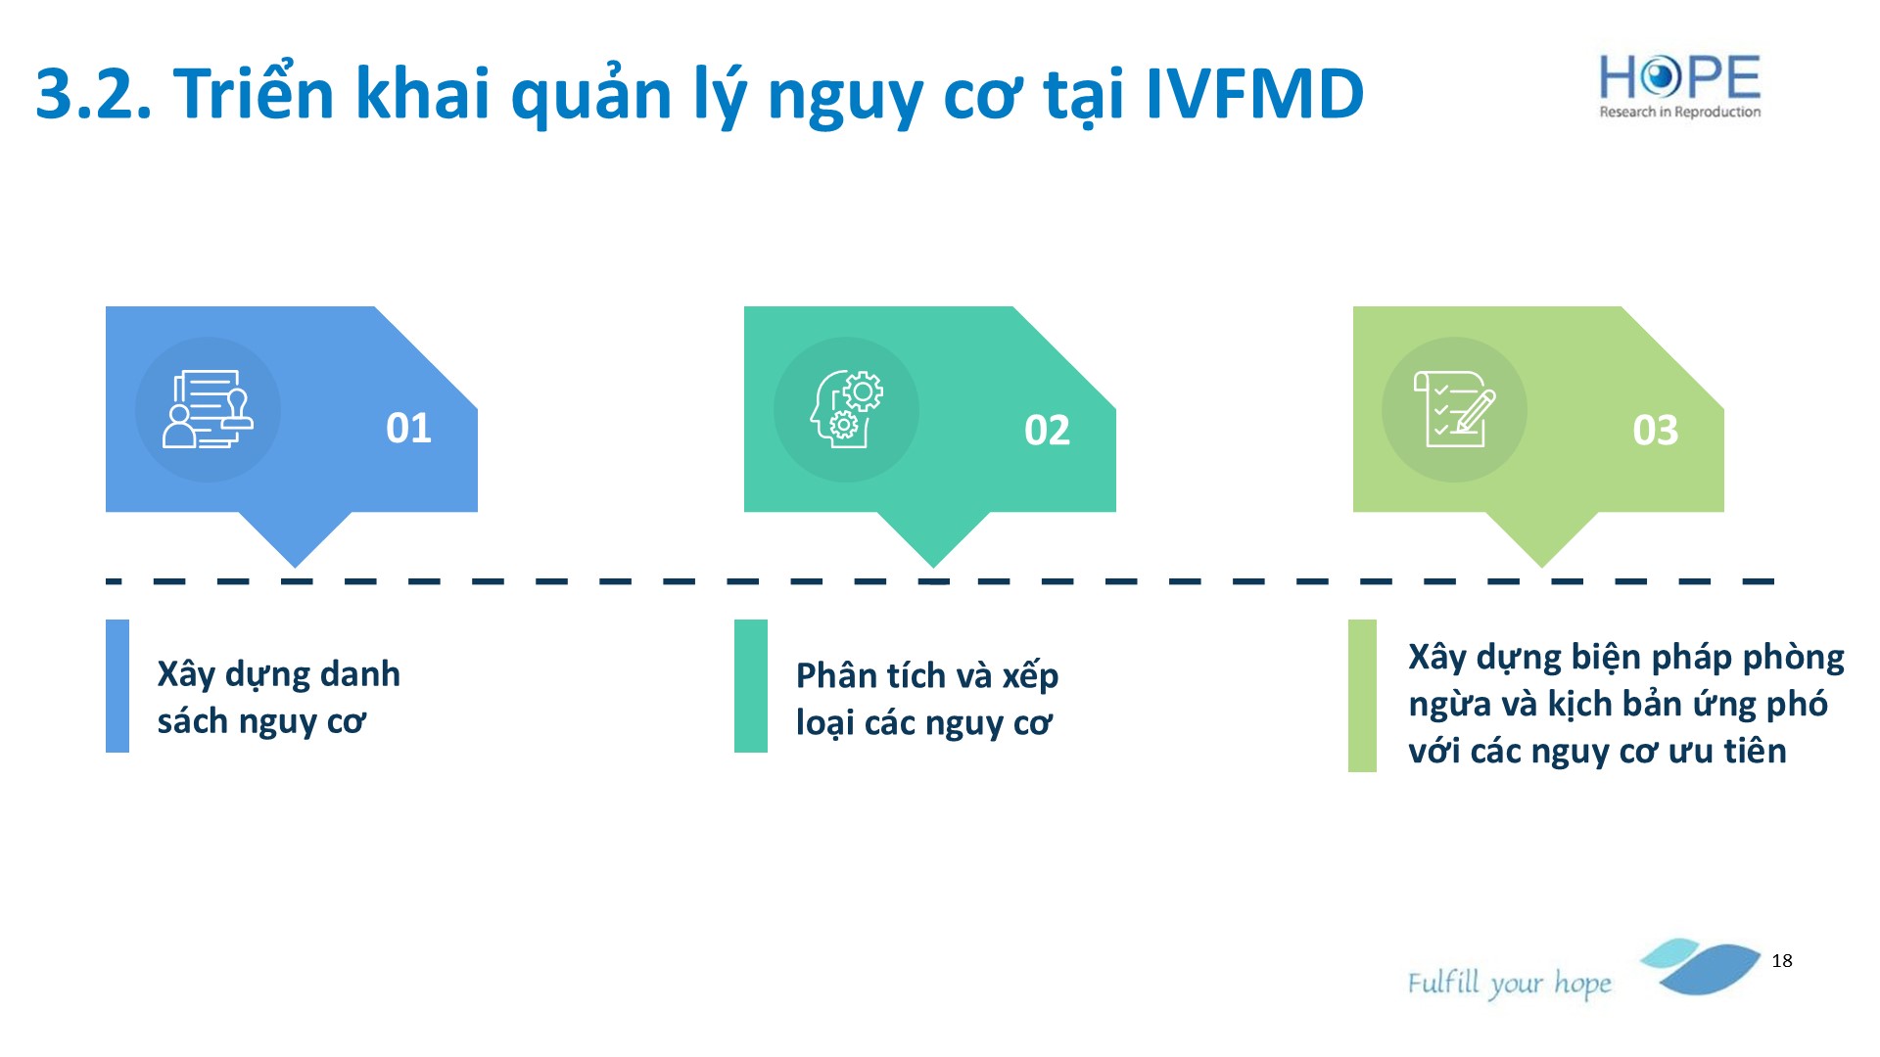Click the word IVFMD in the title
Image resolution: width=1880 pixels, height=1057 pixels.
point(1254,95)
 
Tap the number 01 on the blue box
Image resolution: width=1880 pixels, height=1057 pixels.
point(408,428)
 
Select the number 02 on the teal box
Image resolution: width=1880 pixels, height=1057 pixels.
point(1047,430)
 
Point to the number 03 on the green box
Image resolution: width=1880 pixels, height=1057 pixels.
point(1655,430)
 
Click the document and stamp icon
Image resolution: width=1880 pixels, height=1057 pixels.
point(208,409)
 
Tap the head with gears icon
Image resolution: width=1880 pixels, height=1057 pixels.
point(846,409)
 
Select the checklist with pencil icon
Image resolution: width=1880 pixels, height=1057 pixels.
point(1454,409)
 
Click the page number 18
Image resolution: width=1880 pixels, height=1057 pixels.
point(1782,961)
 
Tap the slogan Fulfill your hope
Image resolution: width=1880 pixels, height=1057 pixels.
point(1509,983)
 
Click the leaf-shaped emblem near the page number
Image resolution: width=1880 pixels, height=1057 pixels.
point(1701,966)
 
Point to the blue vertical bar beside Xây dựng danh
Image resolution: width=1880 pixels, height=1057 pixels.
point(117,686)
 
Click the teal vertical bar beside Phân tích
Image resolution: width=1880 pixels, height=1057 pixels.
point(751,686)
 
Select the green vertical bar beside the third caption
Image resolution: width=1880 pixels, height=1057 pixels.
point(1362,696)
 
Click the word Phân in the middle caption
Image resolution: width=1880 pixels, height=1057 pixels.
point(835,676)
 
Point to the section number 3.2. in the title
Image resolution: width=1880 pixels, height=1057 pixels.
point(94,95)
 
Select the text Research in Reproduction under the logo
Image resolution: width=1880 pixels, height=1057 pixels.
point(1680,113)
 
